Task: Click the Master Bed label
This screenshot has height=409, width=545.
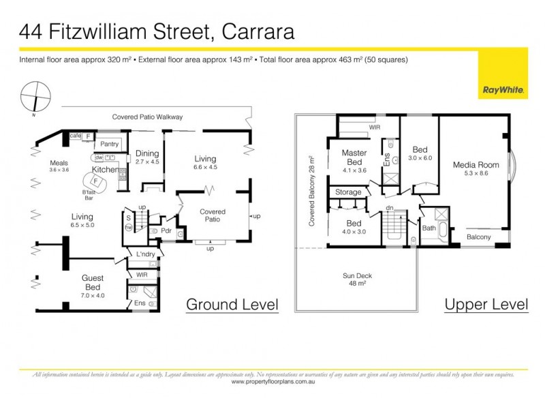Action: point(355,157)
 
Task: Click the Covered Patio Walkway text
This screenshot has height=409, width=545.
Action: point(147,117)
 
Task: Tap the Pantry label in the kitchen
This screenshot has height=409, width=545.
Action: point(110,145)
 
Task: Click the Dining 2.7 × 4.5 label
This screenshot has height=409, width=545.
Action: point(147,157)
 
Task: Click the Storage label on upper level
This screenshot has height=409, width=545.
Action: point(349,192)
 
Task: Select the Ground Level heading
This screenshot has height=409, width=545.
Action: point(232,304)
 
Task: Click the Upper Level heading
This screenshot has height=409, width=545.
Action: point(486,304)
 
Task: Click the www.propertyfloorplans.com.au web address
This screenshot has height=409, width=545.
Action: point(272,382)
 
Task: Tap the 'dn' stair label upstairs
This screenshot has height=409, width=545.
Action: point(389,208)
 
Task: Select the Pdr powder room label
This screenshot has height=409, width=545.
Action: point(166,230)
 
